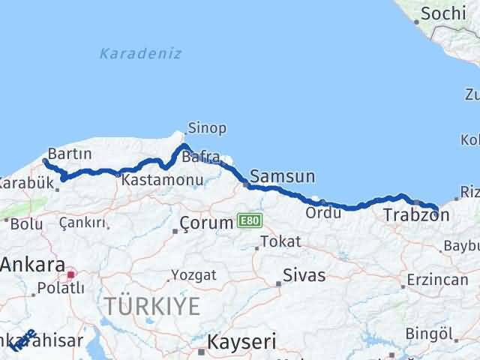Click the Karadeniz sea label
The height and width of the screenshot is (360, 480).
(140, 53)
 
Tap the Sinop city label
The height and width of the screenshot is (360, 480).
(208, 128)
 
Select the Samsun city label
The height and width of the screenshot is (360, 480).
(283, 177)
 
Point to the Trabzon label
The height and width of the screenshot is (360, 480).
(416, 216)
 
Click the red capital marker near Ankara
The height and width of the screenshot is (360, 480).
(70, 275)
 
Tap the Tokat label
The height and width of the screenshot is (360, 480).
(283, 242)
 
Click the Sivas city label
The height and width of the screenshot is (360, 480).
(304, 275)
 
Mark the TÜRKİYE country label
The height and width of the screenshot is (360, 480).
(152, 306)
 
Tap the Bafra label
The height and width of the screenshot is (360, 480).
(204, 157)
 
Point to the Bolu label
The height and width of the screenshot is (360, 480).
(26, 223)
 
